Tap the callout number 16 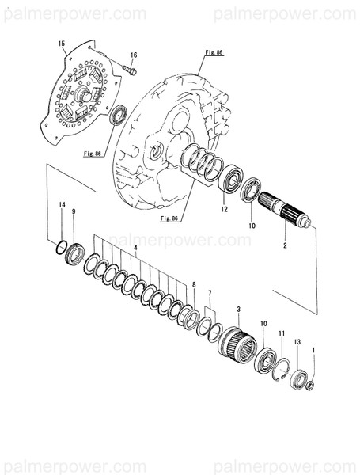pyautogui.click(x=133, y=55)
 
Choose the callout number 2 pyautogui.click(x=284, y=247)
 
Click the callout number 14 pyautogui.click(x=61, y=207)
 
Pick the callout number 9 pyautogui.click(x=74, y=212)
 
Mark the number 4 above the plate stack pyautogui.click(x=136, y=249)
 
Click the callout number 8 pyautogui.click(x=194, y=283)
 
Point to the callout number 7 pyautogui.click(x=210, y=294)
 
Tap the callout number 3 pyautogui.click(x=239, y=307)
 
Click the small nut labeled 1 pyautogui.click(x=310, y=386)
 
